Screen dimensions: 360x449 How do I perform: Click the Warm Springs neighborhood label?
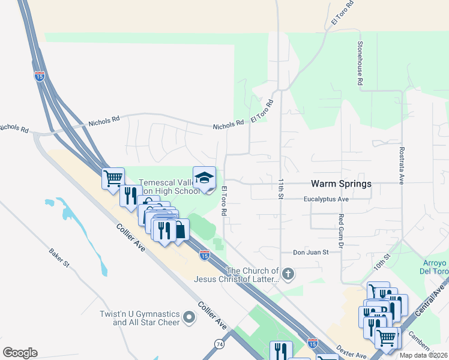point(340,184)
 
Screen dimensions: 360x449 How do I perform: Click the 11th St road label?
point(280,188)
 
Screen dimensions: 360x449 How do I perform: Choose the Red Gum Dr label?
point(340,232)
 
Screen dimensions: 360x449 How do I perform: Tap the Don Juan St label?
point(310,253)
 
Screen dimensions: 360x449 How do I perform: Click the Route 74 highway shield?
point(219,344)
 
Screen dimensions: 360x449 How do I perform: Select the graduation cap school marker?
point(204,178)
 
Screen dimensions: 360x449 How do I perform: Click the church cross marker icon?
point(288,275)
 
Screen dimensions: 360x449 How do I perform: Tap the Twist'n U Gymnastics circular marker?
point(190,317)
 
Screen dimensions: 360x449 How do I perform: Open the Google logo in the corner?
point(20,353)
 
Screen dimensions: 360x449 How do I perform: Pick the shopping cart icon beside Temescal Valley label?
point(113,178)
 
